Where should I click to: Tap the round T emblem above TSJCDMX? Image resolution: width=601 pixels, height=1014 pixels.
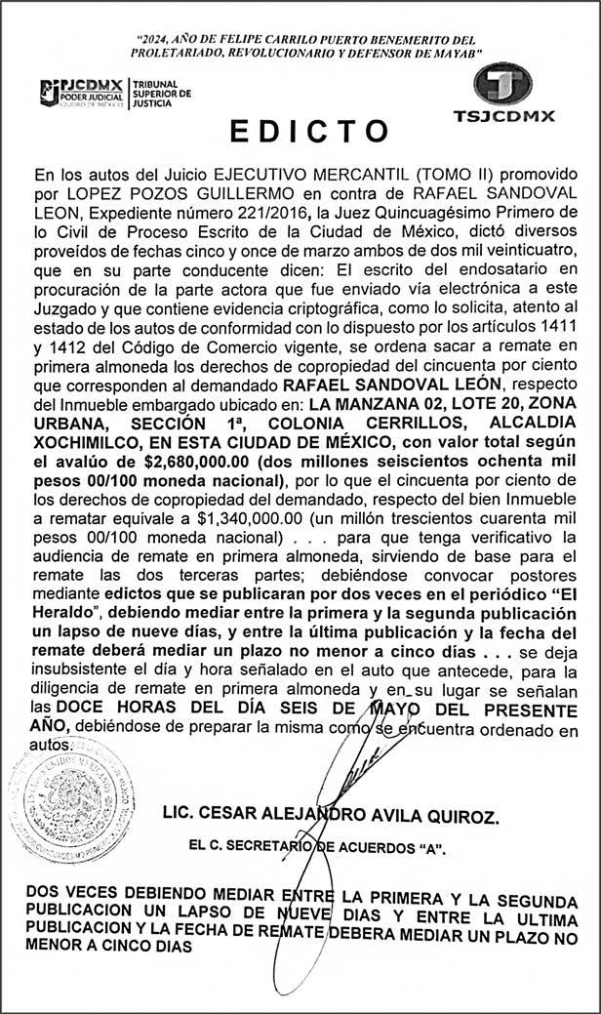502,85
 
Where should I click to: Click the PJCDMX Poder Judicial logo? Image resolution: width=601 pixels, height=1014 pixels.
83,95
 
